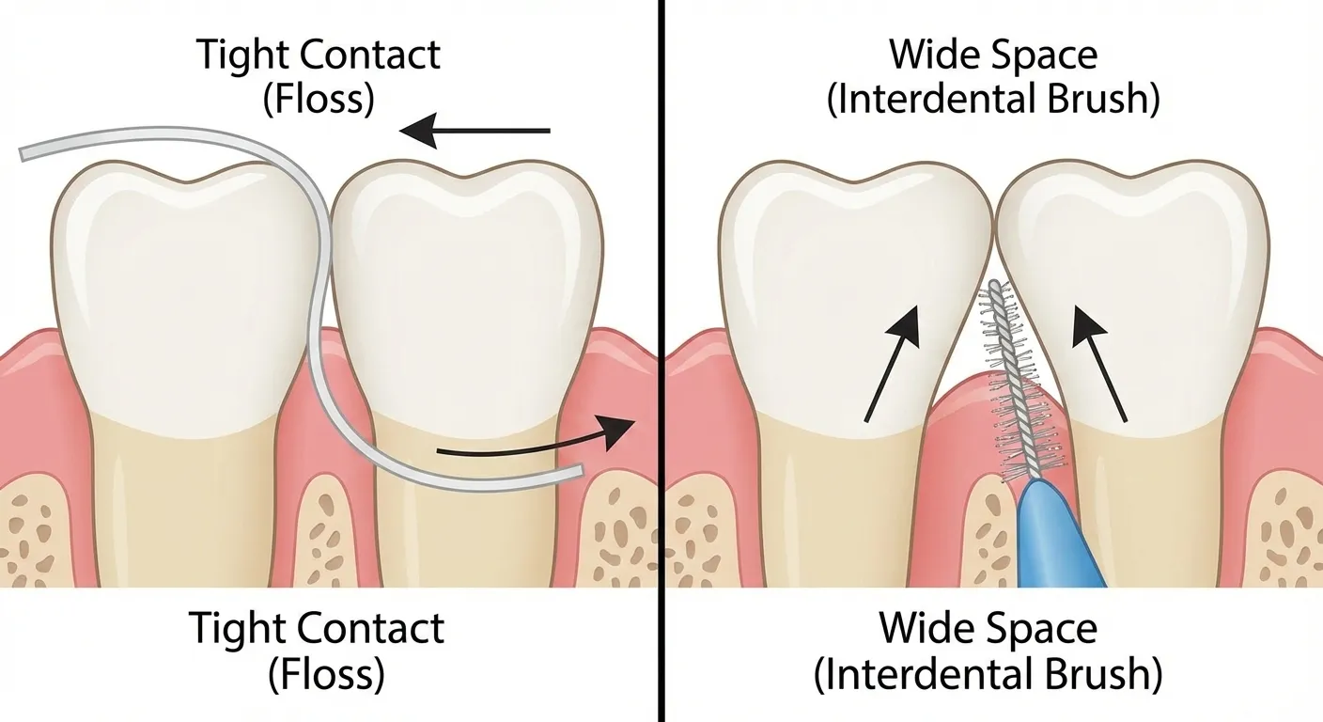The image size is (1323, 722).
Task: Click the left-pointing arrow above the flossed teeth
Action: tap(475, 131)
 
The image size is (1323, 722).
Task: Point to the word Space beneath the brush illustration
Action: tap(1042, 628)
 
